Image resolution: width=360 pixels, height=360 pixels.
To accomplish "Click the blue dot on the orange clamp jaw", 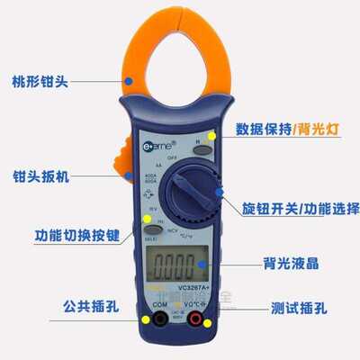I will pyautogui.click(x=130, y=81).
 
